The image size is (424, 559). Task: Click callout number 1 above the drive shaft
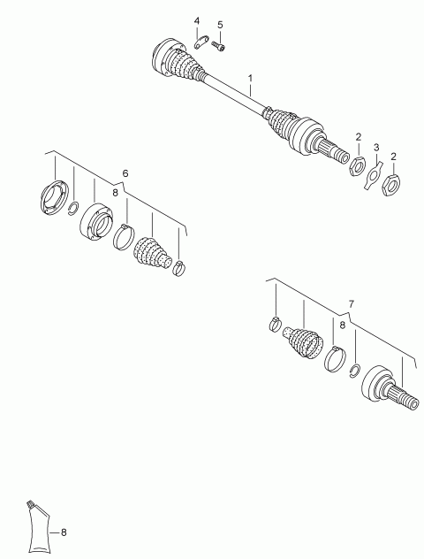250,78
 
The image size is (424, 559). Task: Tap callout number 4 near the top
197,20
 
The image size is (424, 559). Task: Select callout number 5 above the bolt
220,25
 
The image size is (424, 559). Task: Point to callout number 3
376,147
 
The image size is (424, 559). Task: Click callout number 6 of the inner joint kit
125,173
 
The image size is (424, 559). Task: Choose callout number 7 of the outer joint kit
352,304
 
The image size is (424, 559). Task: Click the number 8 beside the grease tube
64,532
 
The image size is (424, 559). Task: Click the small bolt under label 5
219,46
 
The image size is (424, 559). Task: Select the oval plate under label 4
201,42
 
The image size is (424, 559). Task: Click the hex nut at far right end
391,184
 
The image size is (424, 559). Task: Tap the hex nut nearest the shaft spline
356,165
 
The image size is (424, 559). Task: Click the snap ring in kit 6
73,208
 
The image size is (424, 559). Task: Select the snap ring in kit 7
355,371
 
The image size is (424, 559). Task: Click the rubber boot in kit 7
303,342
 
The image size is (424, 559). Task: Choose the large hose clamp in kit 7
335,358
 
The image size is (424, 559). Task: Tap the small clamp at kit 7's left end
275,324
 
